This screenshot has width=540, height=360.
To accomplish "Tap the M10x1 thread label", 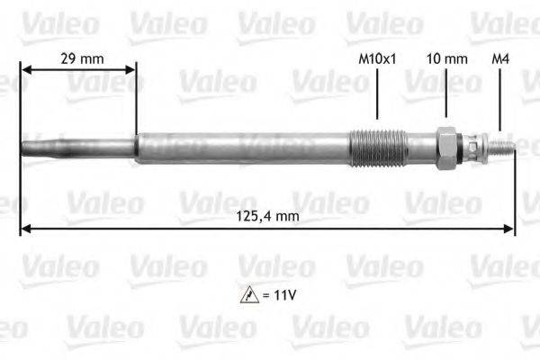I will (377, 58).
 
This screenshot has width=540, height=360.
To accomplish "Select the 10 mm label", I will (445, 58).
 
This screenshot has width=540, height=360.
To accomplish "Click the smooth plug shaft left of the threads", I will (243, 148).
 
